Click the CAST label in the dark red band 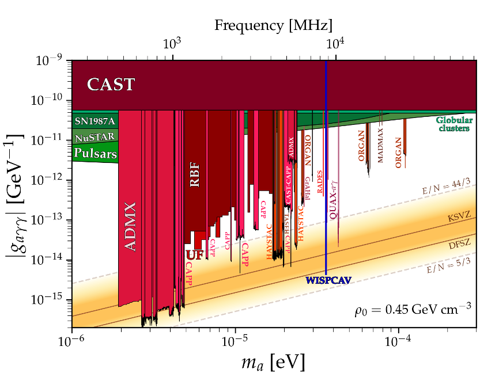111,85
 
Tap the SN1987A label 95,121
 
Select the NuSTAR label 95,137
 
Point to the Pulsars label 95,154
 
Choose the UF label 194,254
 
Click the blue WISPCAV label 328,280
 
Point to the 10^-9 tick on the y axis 51,60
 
